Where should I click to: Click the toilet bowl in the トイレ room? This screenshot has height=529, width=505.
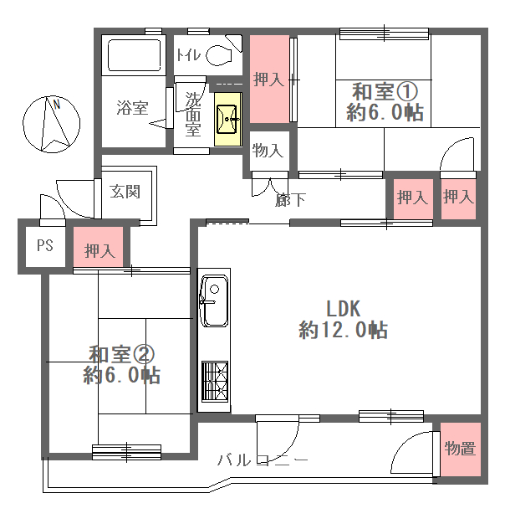pyautogui.click(x=219, y=56)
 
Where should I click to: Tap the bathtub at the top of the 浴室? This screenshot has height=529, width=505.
pyautogui.click(x=134, y=54)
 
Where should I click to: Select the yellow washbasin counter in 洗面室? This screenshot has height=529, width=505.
pyautogui.click(x=228, y=119)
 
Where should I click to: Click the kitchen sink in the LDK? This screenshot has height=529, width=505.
pyautogui.click(x=213, y=301)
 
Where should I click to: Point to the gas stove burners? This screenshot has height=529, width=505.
pyautogui.click(x=215, y=382)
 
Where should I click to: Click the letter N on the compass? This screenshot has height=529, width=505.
pyautogui.click(x=57, y=105)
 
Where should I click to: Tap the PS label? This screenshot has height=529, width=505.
pyautogui.click(x=45, y=245)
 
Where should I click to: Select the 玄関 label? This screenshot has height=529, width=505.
pyautogui.click(x=125, y=192)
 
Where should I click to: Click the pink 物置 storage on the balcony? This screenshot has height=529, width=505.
pyautogui.click(x=461, y=449)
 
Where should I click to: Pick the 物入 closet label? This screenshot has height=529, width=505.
pyautogui.click(x=268, y=150)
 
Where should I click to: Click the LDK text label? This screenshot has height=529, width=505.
pyautogui.click(x=344, y=308)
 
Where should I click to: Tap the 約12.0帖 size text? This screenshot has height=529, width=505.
pyautogui.click(x=344, y=330)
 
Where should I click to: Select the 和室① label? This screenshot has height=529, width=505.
pyautogui.click(x=385, y=91)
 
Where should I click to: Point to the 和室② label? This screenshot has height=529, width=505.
pyautogui.click(x=122, y=354)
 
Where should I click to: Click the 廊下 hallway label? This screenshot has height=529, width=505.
pyautogui.click(x=290, y=200)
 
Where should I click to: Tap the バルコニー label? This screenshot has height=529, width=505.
pyautogui.click(x=263, y=460)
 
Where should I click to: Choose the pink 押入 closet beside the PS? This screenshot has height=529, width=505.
pyautogui.click(x=99, y=247)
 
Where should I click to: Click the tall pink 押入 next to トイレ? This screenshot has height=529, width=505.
pyautogui.click(x=269, y=79)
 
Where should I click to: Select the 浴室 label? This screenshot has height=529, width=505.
pyautogui.click(x=132, y=108)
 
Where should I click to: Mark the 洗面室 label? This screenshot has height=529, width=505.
pyautogui.click(x=193, y=115)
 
